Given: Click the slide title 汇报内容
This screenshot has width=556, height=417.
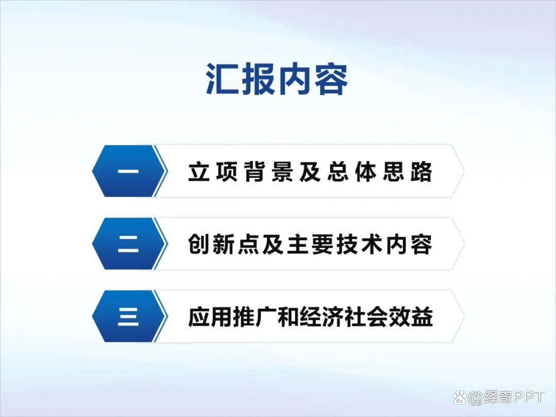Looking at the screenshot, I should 277,80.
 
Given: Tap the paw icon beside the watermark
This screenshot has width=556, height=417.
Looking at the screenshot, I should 460,398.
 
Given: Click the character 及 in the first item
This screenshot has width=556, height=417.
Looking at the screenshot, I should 310,172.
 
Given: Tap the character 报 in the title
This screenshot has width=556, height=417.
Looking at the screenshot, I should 258,80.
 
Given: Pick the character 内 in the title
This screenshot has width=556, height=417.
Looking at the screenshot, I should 294,80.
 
